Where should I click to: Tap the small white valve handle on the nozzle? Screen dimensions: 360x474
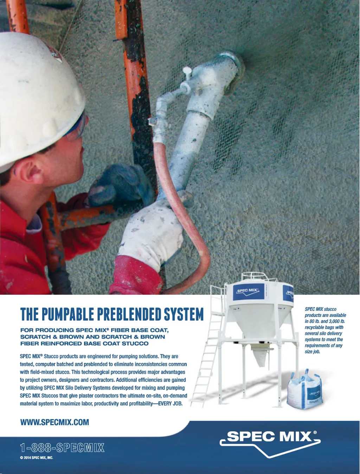(187, 72)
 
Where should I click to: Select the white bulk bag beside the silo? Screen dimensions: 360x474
(304, 390)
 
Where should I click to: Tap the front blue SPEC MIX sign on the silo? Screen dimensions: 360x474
(248, 291)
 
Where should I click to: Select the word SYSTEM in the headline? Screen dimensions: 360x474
(184, 314)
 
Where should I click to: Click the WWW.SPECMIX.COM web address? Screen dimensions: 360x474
(54, 422)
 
